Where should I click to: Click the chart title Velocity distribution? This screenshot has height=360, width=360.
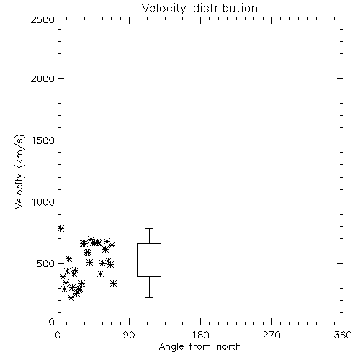199,9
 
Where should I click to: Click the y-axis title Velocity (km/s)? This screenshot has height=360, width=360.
19,171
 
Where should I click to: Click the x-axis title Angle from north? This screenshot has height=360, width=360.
199,347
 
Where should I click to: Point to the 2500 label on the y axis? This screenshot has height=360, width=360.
42,19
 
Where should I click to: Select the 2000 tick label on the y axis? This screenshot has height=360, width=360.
42,78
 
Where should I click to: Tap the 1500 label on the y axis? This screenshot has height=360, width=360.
43,140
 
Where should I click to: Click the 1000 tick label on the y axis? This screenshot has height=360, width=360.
43,202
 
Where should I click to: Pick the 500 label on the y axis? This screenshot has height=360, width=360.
46,264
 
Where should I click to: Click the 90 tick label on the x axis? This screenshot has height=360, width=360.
129,335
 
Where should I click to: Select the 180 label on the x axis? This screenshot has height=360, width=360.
200,335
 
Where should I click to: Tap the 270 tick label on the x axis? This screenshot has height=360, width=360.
271,335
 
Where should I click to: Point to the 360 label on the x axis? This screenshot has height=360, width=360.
343,335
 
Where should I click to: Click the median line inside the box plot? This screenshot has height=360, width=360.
149,261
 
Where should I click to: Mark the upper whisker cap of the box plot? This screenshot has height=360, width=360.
149,229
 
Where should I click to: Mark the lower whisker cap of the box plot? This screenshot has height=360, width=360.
149,297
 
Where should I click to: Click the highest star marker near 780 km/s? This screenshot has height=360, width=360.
60,228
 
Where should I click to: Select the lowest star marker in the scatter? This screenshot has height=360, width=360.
71,298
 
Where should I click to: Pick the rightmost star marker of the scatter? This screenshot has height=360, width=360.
113,283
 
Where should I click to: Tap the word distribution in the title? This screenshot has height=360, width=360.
225,9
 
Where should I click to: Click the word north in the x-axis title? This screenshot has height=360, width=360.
229,346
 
